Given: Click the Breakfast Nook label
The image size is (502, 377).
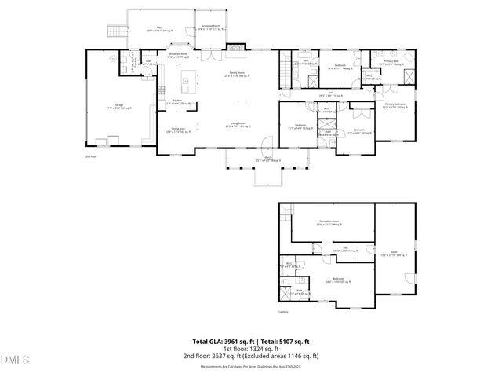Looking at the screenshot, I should [x=177, y=56].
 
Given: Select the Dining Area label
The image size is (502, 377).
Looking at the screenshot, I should [x=177, y=130].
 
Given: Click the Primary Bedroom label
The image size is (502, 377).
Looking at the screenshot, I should [x=395, y=104].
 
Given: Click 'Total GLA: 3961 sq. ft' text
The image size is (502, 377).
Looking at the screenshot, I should [x=222, y=341].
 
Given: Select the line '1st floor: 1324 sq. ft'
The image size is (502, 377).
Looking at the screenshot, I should [x=251, y=349].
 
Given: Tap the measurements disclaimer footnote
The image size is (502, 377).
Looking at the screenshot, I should [x=251, y=365].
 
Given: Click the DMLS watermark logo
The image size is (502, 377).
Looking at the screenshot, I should [x=14, y=361].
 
